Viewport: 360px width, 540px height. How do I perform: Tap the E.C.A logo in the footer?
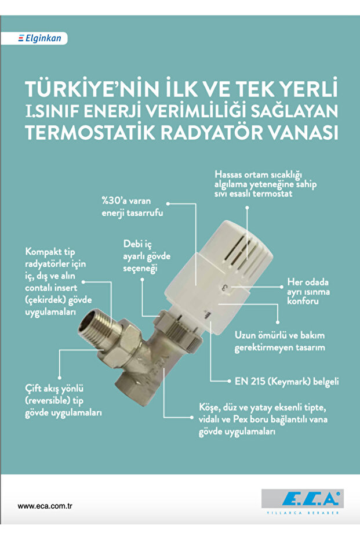point(301,498)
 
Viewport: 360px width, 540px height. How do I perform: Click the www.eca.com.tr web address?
point(44,506)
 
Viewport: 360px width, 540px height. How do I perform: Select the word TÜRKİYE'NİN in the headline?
point(96,89)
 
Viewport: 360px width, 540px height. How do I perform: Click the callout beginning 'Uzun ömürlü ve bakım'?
point(279,342)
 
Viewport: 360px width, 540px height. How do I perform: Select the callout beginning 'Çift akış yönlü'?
point(64,401)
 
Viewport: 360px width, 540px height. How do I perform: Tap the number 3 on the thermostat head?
point(225,287)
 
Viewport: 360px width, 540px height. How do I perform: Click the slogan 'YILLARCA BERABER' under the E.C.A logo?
point(301,513)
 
